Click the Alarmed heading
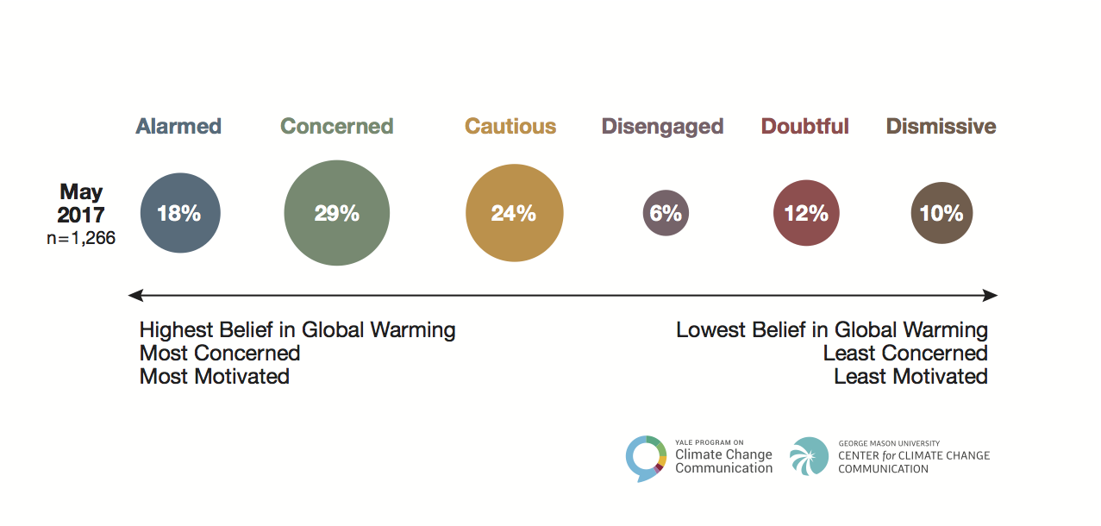coord(178,127)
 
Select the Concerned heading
coord(337,127)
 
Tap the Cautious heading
coord(510,127)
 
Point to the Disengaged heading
coord(662,127)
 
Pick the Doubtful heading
coord(805,127)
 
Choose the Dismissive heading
coord(941,127)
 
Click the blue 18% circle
coord(180,213)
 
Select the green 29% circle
coord(337,213)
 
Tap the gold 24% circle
coord(514,213)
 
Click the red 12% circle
coord(806,213)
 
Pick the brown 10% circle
coord(941,213)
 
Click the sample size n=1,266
coord(81,238)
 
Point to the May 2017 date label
coord(81,203)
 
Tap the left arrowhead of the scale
coord(134,296)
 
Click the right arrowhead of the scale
coord(992,296)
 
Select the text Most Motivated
coord(215,377)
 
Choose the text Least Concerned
coord(905,354)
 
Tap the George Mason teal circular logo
coord(809,456)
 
